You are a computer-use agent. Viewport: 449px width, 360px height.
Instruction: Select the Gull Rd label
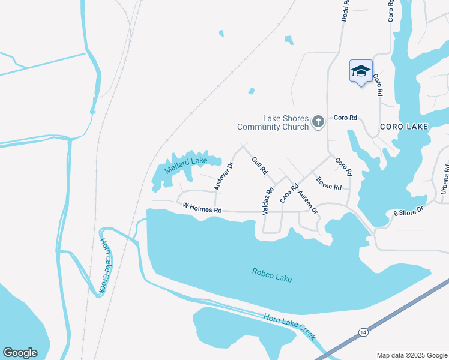pos(259,166)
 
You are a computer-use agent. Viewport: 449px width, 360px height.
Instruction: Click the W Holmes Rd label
pos(202,208)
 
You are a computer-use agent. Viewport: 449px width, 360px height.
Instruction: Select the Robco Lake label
pos(272,277)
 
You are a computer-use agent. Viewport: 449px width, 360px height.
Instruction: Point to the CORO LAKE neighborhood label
pos(404,127)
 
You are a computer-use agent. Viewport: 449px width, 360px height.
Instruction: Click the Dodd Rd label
pos(345,10)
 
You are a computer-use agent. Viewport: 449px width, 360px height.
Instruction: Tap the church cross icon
pos(318,122)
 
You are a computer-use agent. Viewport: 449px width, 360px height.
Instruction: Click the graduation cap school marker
pos(361,71)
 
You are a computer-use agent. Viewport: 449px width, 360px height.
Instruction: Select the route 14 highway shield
pos(363,332)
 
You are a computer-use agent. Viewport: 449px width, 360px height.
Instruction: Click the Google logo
pos(20,353)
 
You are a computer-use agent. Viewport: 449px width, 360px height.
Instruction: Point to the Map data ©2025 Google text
pos(412,355)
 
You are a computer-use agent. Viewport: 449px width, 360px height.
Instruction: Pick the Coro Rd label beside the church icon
pos(345,118)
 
